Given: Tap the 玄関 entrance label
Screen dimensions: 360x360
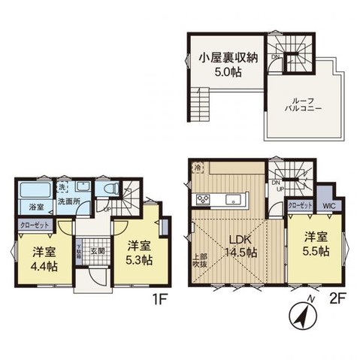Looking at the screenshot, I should pyautogui.click(x=98, y=252).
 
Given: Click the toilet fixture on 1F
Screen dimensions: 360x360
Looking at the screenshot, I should pyautogui.click(x=107, y=190).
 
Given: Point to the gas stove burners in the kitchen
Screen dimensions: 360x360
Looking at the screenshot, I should pyautogui.click(x=204, y=199).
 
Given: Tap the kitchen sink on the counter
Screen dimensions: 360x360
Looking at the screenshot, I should pyautogui.click(x=232, y=199).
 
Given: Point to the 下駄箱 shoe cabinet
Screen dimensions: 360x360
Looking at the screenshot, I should pyautogui.click(x=80, y=252).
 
